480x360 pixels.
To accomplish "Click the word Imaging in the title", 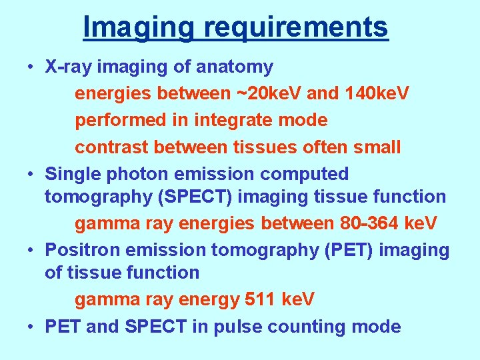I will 139,27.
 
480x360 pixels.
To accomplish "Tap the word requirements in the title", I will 296,27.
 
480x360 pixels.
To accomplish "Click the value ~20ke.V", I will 269,93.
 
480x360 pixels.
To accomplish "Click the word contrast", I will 114,147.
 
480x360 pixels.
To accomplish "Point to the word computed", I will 304,173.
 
